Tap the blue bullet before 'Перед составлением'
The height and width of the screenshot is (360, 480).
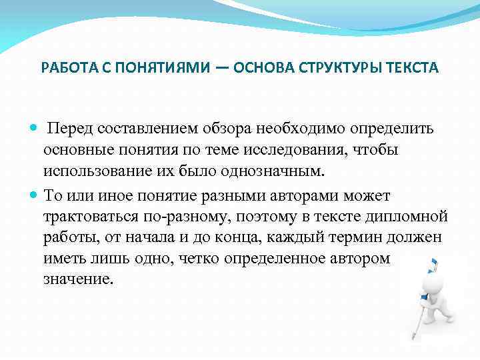tap(35, 128)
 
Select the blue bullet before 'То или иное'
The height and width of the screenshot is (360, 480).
tap(35, 196)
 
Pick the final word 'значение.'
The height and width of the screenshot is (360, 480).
tap(75, 279)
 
